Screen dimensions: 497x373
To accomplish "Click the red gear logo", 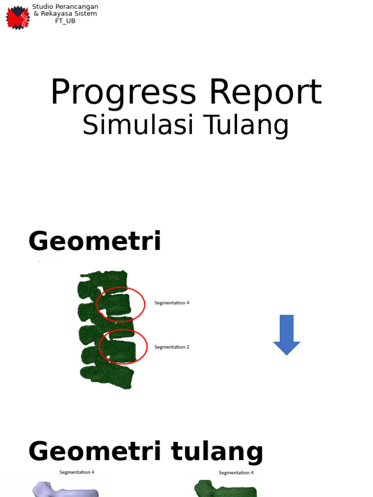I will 17,17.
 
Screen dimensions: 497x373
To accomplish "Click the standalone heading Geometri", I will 95,241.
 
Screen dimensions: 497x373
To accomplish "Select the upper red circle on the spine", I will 121,304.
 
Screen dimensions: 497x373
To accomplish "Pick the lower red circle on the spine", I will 123,347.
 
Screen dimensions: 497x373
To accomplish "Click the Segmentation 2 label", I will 172,347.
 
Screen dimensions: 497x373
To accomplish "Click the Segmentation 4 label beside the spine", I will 172,303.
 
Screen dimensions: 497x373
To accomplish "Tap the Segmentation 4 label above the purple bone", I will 77,472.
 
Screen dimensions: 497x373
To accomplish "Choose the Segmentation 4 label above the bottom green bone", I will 236,473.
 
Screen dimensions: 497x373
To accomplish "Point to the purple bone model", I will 66,489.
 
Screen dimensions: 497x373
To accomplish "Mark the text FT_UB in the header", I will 65,21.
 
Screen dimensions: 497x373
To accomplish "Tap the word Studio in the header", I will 42,7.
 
